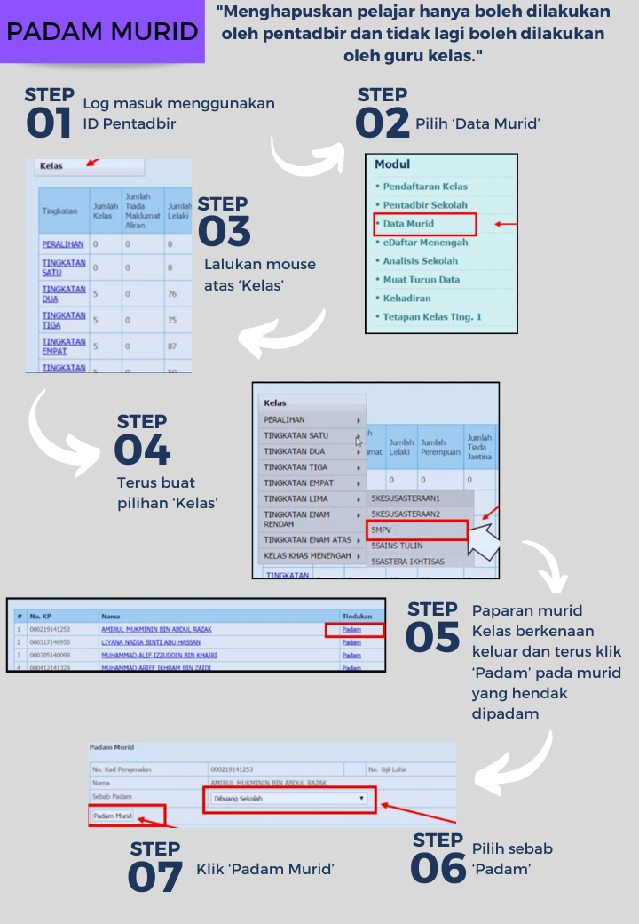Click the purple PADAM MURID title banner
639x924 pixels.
coord(102,32)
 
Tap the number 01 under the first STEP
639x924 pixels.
coord(49,123)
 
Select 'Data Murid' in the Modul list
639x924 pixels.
coord(408,224)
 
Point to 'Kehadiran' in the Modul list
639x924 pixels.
coord(408,299)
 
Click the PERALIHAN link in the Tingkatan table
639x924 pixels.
coord(62,243)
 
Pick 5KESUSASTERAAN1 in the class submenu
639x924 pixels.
coord(406,499)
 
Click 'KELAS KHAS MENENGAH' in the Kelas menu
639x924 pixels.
coord(307,556)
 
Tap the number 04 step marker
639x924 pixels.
coord(142,450)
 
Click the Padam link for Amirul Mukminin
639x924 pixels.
coord(351,630)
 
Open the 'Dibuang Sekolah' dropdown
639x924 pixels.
coord(289,799)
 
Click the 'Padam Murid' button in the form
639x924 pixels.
coord(113,816)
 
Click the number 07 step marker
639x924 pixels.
coord(155,877)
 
